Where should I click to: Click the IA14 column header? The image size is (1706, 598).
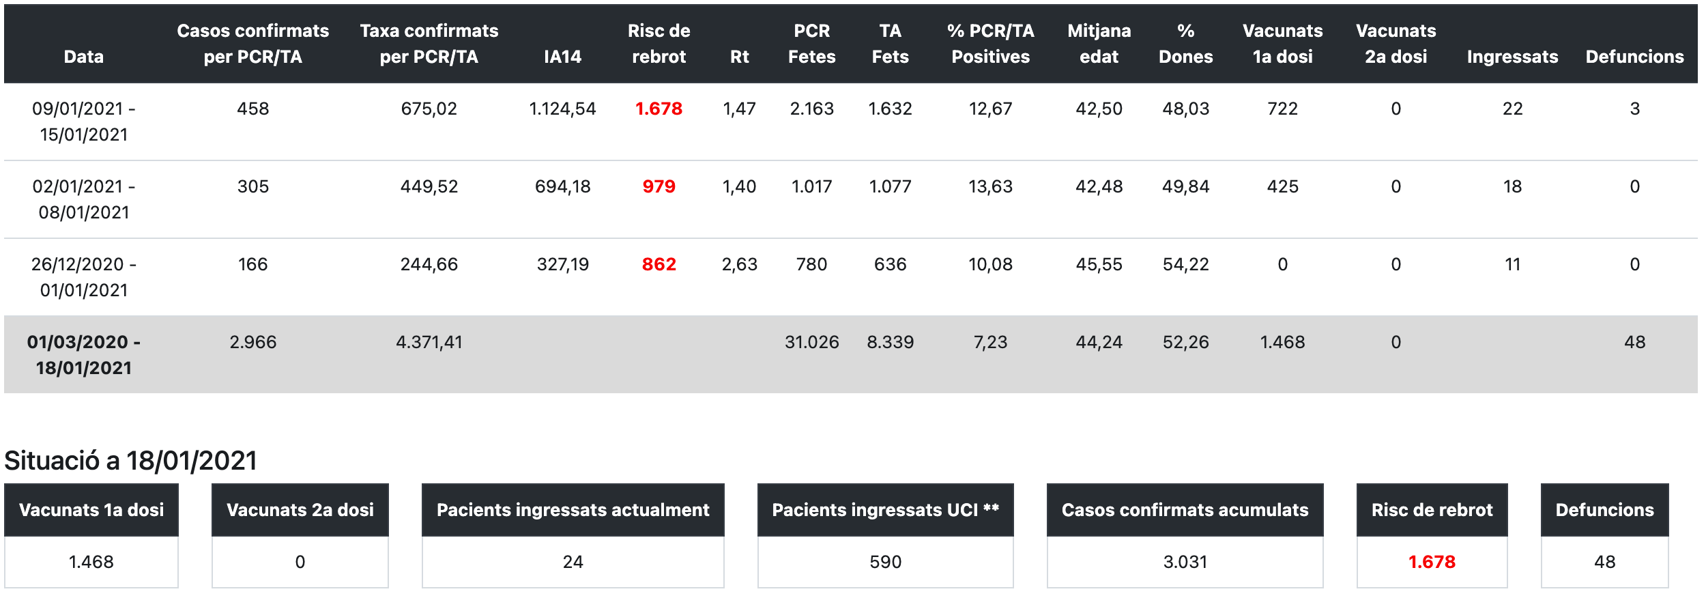(562, 57)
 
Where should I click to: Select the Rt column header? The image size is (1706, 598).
(739, 57)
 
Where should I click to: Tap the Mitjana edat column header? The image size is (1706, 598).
(1099, 44)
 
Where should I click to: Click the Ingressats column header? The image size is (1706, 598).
(1512, 57)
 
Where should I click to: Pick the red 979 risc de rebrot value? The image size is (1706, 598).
(659, 186)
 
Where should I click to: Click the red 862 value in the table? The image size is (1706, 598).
(659, 264)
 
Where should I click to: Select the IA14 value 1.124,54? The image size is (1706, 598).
(562, 109)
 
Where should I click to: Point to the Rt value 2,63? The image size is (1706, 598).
(739, 264)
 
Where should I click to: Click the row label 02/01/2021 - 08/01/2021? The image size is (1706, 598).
(84, 199)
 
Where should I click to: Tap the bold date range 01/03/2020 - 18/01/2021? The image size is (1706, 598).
(84, 355)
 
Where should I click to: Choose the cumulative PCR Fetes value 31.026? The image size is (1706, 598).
(811, 342)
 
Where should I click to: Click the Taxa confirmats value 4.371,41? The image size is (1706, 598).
(429, 342)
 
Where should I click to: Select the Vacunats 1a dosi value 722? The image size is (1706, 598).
(1282, 109)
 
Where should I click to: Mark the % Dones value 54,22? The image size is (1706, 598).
(1185, 264)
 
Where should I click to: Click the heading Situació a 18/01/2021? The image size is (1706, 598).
(131, 461)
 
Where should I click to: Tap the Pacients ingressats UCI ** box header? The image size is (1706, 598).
(885, 510)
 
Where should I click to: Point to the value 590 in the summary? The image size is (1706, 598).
(885, 562)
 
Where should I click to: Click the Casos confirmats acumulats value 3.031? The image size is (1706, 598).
(1185, 562)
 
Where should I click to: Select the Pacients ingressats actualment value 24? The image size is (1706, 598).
(573, 562)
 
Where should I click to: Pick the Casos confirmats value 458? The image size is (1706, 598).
(252, 109)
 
